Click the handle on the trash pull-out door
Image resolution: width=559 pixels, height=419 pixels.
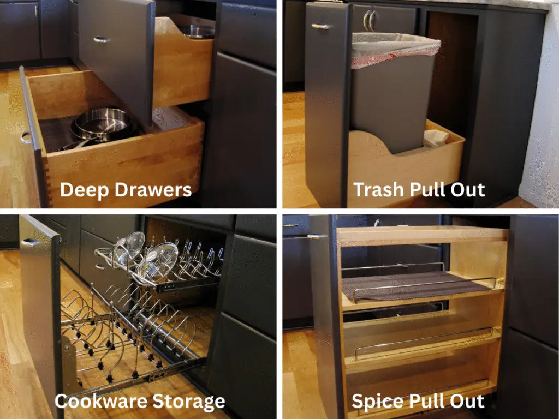click(322, 26)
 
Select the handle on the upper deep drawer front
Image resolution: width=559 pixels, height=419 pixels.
click(101, 39)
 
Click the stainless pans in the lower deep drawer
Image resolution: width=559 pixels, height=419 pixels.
click(103, 124)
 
